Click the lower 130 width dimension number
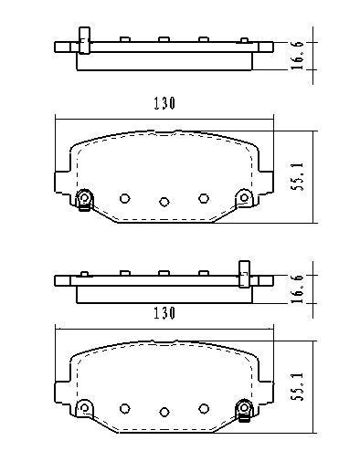click(164, 312)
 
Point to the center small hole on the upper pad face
click(164, 201)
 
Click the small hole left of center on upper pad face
click(125, 197)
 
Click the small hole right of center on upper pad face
click(204, 197)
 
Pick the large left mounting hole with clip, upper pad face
click(85, 198)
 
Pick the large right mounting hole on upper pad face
click(243, 197)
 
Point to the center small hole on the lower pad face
click(164, 410)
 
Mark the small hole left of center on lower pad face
click(125, 406)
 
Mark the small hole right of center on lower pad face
click(204, 406)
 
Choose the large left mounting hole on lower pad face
click(85, 406)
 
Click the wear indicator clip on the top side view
click(84, 41)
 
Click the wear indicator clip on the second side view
click(244, 272)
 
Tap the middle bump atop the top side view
click(163, 39)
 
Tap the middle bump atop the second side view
click(163, 271)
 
